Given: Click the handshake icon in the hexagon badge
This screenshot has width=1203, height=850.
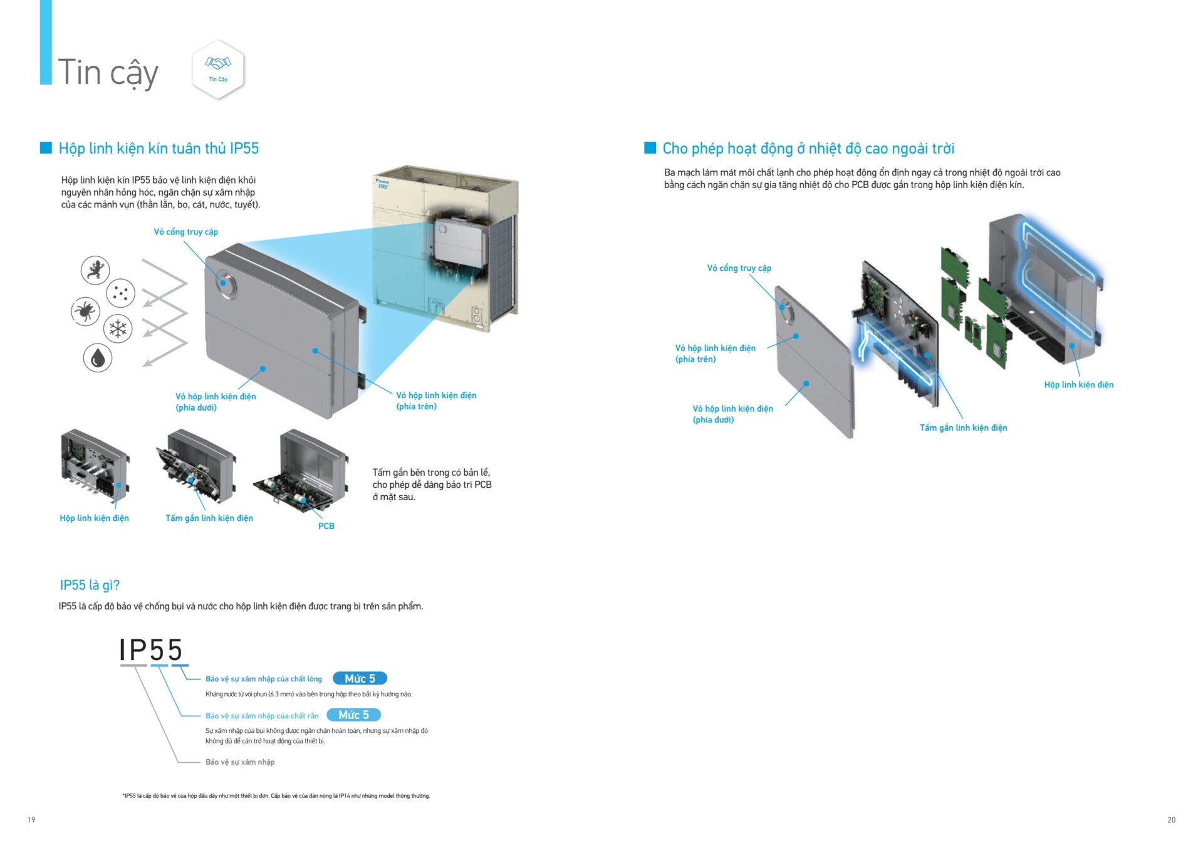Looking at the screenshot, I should [x=218, y=63].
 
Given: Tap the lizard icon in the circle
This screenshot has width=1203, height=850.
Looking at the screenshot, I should [x=95, y=270].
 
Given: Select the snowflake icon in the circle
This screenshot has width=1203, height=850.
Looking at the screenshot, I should [x=118, y=328].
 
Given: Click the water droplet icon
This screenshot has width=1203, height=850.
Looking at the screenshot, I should [x=98, y=358].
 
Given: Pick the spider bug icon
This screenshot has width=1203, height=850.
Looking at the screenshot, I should [x=85, y=311].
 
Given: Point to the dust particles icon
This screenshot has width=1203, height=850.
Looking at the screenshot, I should [x=120, y=293].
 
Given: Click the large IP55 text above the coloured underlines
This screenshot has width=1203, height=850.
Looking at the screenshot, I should [x=151, y=649].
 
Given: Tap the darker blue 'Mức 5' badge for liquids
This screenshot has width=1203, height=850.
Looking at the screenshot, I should [x=360, y=678].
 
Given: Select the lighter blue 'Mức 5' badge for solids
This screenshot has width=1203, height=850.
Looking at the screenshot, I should [x=353, y=715].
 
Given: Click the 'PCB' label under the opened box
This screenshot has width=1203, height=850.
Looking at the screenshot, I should [x=326, y=526].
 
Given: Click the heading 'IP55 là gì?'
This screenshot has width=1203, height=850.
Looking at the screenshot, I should [x=90, y=585].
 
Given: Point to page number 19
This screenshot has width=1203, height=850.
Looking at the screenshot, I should [x=31, y=819].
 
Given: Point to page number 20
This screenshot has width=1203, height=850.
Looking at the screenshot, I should [x=1171, y=819].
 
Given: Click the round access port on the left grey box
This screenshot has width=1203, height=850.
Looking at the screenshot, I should [x=224, y=281].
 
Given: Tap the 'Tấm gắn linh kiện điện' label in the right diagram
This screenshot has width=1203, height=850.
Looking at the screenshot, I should [x=963, y=428].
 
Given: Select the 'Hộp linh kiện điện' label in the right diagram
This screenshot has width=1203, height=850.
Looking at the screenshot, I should [x=1078, y=384].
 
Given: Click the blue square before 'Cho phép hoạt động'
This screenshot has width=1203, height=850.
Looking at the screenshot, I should [x=650, y=148].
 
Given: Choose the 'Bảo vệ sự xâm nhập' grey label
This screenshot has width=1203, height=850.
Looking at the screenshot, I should [x=240, y=762].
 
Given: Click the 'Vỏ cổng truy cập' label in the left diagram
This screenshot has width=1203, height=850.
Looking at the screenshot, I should [x=186, y=232].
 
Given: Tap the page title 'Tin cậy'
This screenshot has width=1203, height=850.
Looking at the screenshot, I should [x=108, y=73].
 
